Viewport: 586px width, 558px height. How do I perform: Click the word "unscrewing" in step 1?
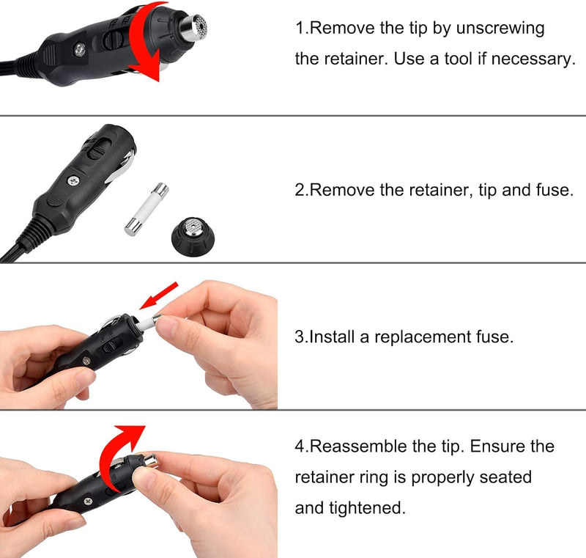coord(500,29)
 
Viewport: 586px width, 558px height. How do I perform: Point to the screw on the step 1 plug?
coord(80,49)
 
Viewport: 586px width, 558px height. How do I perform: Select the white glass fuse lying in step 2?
coord(146,209)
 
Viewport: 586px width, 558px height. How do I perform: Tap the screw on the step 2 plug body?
coord(73,181)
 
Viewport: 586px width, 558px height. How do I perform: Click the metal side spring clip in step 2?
coord(121,165)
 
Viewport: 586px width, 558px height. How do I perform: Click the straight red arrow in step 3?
coord(159,295)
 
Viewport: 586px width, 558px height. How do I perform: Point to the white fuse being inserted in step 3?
coord(149,323)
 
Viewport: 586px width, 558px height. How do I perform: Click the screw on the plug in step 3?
coord(86,361)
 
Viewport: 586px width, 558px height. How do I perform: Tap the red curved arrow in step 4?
coord(119,454)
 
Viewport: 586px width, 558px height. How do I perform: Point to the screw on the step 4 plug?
coord(89,501)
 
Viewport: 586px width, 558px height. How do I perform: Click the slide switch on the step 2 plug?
coord(98,147)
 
